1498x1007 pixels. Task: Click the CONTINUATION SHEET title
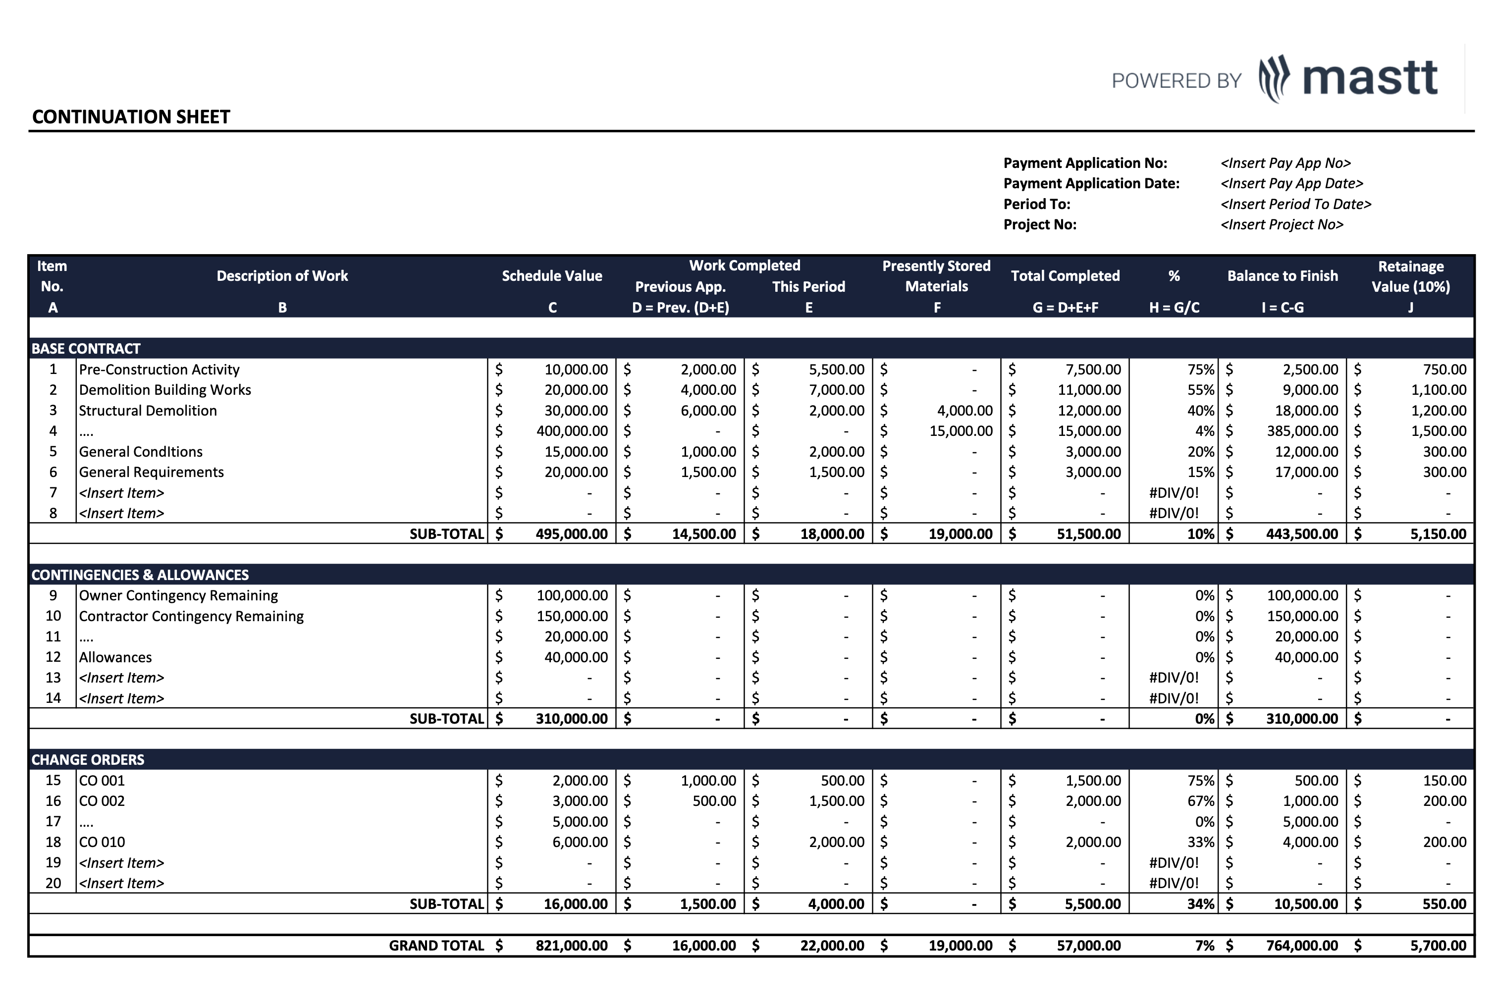pyautogui.click(x=131, y=117)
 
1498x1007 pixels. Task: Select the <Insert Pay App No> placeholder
pyautogui.click(x=1285, y=163)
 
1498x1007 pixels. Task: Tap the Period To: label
pyautogui.click(x=1036, y=204)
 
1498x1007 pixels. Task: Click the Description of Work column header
pyautogui.click(x=282, y=276)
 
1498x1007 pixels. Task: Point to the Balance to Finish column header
pyautogui.click(x=1282, y=276)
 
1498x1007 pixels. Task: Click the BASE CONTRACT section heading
pyautogui.click(x=86, y=349)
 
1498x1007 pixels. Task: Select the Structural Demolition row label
pyautogui.click(x=148, y=410)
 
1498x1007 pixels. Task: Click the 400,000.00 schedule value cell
pyautogui.click(x=572, y=431)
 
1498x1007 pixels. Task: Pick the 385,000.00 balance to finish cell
pyautogui.click(x=1301, y=431)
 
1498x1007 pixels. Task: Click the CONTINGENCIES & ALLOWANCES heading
pyautogui.click(x=140, y=575)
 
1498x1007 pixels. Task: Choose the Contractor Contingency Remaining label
pyautogui.click(x=191, y=616)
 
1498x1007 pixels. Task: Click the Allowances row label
pyautogui.click(x=115, y=657)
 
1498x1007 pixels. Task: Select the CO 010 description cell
pyautogui.click(x=102, y=842)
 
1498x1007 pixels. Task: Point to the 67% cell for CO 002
pyautogui.click(x=1200, y=801)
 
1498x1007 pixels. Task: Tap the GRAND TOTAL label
pyautogui.click(x=436, y=946)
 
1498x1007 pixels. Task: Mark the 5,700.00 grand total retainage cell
pyautogui.click(x=1438, y=946)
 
